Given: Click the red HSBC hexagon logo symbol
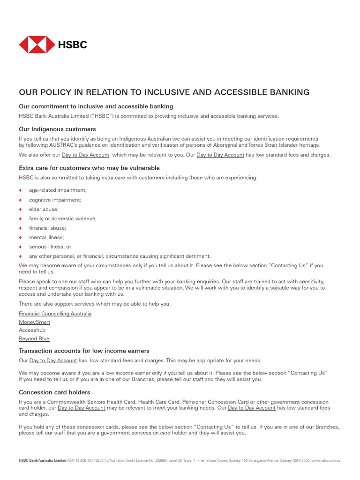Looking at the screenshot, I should [x=37, y=45].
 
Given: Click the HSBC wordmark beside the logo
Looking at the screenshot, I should [x=73, y=45].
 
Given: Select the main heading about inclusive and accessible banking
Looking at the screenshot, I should [x=164, y=92].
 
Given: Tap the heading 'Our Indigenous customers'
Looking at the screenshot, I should [x=57, y=129].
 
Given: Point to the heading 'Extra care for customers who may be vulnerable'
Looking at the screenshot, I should [x=89, y=168].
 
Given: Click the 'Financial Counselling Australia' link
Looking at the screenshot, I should [x=55, y=314].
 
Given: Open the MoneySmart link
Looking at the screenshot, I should [x=34, y=322].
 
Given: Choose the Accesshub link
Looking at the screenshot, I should [x=32, y=330].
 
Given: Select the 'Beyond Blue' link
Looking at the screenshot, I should [x=34, y=338].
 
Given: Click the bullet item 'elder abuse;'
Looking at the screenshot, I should [x=44, y=209].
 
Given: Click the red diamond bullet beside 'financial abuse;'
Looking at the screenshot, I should [x=21, y=228].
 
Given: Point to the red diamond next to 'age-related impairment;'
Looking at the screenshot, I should [x=21, y=190].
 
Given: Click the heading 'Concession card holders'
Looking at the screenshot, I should [x=54, y=392].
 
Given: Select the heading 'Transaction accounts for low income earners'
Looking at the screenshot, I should [x=84, y=351].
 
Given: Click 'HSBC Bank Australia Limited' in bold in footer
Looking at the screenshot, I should [x=43, y=460].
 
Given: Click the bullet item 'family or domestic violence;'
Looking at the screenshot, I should [x=63, y=218].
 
